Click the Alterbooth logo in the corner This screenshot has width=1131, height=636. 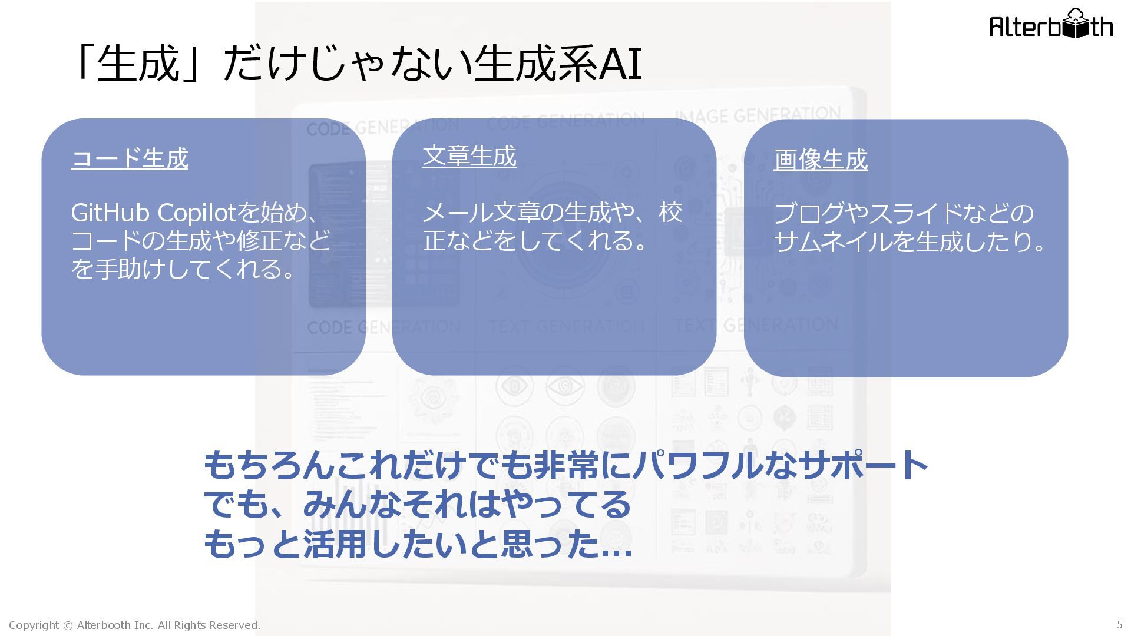click(x=1051, y=25)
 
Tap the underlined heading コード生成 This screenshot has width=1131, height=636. click(x=130, y=158)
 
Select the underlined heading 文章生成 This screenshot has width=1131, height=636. click(x=469, y=156)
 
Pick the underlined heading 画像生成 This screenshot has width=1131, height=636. click(x=821, y=160)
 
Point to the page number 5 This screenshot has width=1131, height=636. click(x=1119, y=625)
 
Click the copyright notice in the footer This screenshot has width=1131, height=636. click(x=134, y=625)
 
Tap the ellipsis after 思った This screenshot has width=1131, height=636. click(x=616, y=545)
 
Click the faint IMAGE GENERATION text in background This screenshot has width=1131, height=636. click(x=758, y=115)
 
